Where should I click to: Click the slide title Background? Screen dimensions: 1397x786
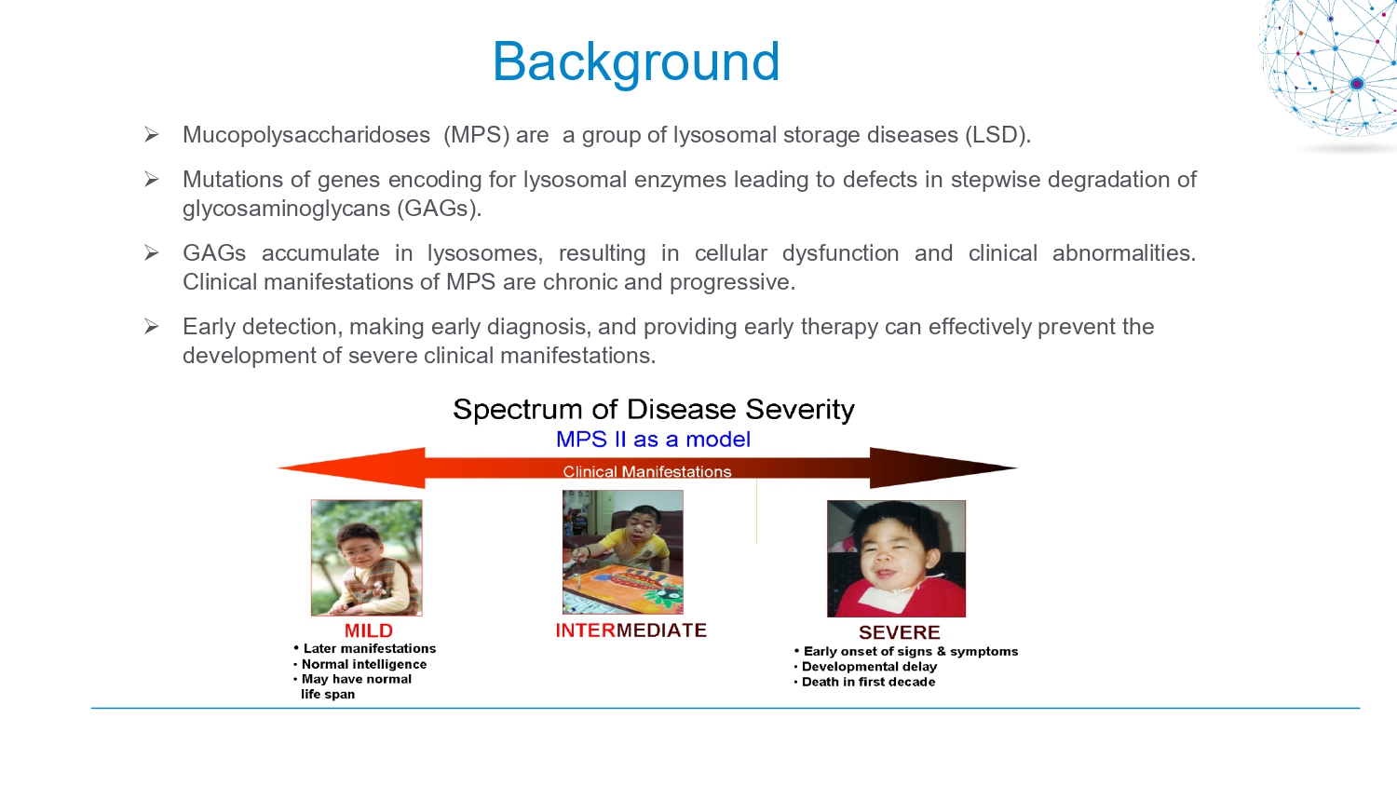[636, 62]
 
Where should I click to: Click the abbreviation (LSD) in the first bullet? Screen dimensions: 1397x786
[997, 135]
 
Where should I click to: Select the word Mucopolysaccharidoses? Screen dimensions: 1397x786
[306, 135]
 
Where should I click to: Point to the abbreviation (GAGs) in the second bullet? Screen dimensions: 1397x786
[439, 209]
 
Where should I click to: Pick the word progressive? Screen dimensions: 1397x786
[732, 282]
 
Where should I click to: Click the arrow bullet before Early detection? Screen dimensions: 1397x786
[151, 326]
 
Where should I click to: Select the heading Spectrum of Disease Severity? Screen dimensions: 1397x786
[654, 410]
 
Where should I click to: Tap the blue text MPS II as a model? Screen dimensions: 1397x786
[653, 440]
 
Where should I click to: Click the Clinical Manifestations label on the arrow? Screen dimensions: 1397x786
[646, 471]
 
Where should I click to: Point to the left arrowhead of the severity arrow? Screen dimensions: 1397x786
[352, 468]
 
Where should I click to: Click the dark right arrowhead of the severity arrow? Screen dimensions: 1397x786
[943, 468]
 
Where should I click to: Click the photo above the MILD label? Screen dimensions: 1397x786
[367, 558]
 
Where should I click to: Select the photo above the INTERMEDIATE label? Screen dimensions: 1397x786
[622, 552]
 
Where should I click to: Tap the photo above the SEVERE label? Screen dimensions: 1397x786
[896, 559]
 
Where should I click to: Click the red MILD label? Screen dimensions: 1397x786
[369, 630]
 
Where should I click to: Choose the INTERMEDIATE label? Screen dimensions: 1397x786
[631, 630]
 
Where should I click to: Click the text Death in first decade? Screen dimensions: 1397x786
[868, 682]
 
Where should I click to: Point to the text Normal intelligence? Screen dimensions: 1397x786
[364, 664]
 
